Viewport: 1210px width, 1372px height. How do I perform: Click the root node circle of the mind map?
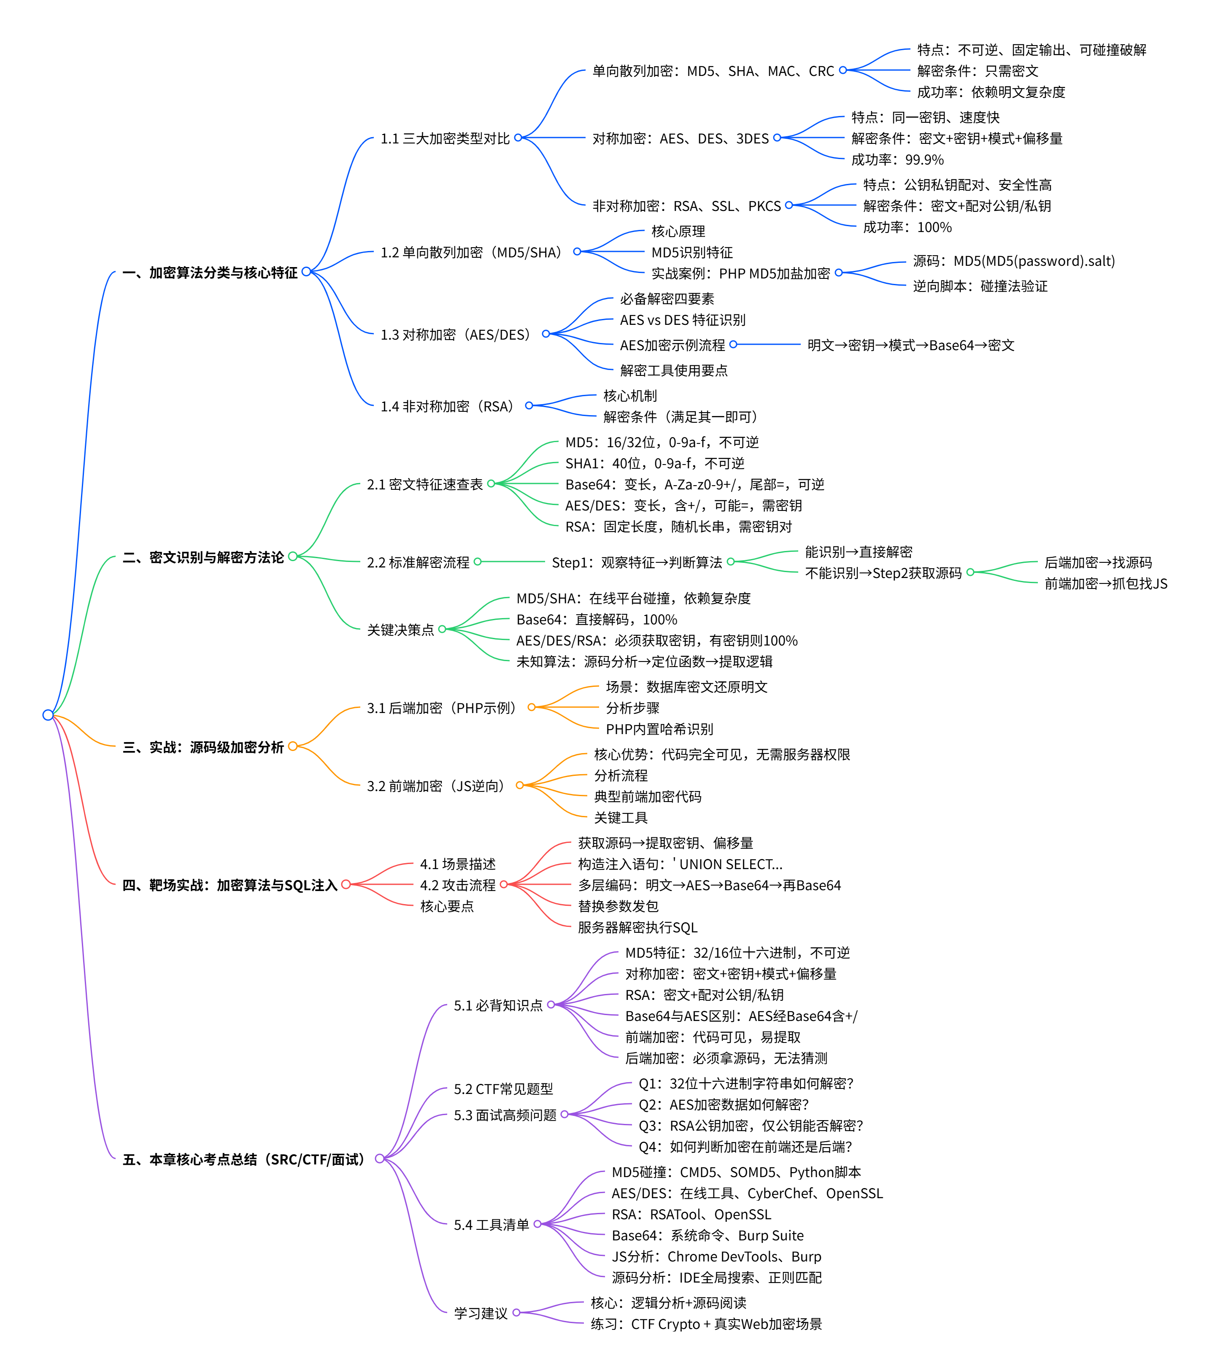click(48, 715)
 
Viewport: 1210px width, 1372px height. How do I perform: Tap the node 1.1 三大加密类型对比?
click(445, 138)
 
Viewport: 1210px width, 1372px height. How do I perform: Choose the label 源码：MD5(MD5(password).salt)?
click(1013, 261)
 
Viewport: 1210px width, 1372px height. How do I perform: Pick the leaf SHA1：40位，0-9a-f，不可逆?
click(654, 463)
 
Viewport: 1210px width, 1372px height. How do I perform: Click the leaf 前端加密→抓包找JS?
click(1105, 584)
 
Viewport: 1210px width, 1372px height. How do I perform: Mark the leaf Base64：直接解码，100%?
click(596, 619)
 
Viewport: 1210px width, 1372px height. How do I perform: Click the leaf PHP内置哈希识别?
click(659, 729)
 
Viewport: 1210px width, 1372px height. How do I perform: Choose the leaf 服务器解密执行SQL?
click(637, 928)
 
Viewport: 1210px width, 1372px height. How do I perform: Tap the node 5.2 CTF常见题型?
click(503, 1089)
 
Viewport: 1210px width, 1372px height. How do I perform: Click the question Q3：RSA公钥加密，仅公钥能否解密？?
click(750, 1126)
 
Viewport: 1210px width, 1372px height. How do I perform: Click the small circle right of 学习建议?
click(516, 1312)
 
